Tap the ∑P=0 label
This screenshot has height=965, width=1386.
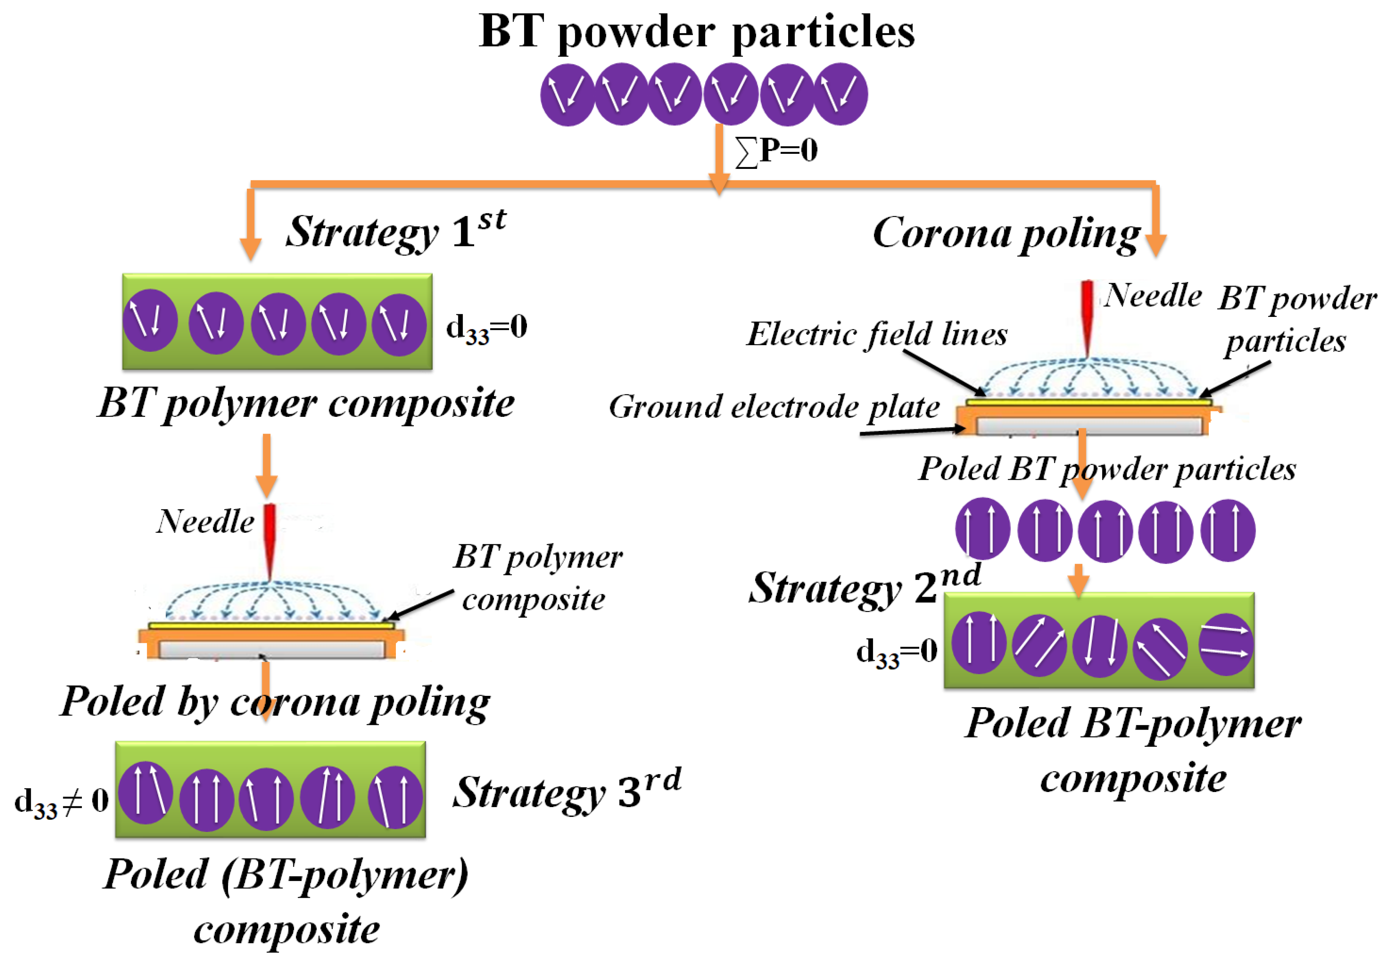(777, 151)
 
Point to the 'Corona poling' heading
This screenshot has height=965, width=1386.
(1006, 234)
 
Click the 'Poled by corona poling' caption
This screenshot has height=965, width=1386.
(275, 702)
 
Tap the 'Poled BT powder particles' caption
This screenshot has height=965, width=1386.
(1107, 469)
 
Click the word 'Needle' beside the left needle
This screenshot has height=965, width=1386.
(205, 521)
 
